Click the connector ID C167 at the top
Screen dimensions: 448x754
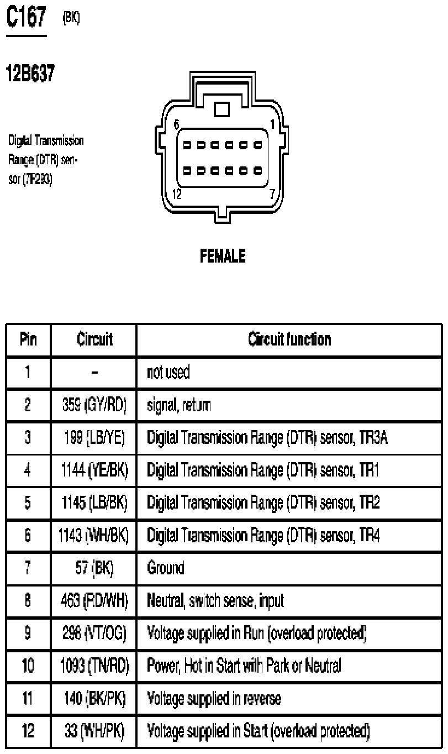[26, 18]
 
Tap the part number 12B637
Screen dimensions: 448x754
[30, 73]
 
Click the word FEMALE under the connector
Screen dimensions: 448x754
[223, 256]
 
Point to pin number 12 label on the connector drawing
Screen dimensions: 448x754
[177, 194]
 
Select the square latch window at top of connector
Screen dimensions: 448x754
[222, 109]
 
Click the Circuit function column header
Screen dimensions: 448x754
[289, 339]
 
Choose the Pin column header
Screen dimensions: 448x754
[28, 339]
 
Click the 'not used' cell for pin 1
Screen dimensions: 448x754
[168, 372]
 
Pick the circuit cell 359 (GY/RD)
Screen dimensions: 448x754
[94, 405]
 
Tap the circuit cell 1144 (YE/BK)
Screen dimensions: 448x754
[94, 470]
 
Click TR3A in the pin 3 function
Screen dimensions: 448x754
[373, 437]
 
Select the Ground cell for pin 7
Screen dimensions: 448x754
[166, 568]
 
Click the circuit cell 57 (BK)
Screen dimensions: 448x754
[94, 568]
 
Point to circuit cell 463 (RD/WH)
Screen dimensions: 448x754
[94, 600]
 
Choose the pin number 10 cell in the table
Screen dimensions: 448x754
[28, 666]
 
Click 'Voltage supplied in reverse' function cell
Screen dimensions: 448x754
[214, 698]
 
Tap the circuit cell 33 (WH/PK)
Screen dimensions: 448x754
[94, 731]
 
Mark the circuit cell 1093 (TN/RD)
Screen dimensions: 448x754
[94, 666]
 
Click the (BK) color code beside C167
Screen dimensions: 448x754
[71, 18]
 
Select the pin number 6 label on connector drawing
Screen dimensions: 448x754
[177, 124]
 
